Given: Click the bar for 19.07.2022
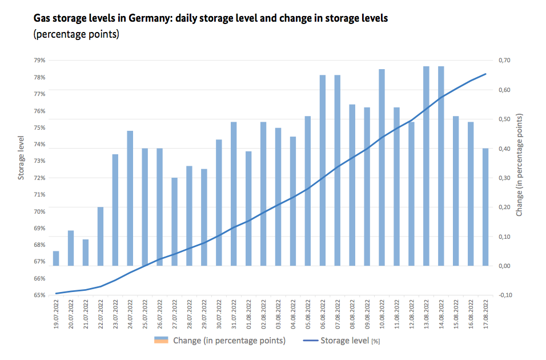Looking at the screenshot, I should [x=56, y=258].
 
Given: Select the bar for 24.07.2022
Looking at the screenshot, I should [x=130, y=198].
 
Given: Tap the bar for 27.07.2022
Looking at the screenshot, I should [x=175, y=222].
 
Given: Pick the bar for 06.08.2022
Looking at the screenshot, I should [x=323, y=170].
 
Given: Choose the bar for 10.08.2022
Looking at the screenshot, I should [x=382, y=167].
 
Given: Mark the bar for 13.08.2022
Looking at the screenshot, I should [x=427, y=166].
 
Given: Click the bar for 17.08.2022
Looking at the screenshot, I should [x=485, y=207].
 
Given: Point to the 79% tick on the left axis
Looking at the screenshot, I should [x=39, y=60].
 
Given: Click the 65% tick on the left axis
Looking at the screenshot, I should [x=39, y=295].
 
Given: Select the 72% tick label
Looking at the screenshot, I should [x=39, y=178].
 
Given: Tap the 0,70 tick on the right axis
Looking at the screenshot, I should [x=505, y=60].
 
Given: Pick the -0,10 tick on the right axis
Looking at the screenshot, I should [x=504, y=295].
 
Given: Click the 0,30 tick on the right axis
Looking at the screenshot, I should [x=505, y=178].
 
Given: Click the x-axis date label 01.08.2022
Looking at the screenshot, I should [x=249, y=314].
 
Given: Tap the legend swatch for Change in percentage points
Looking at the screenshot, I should [x=162, y=341].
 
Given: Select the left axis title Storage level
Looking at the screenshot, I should [x=21, y=158].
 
